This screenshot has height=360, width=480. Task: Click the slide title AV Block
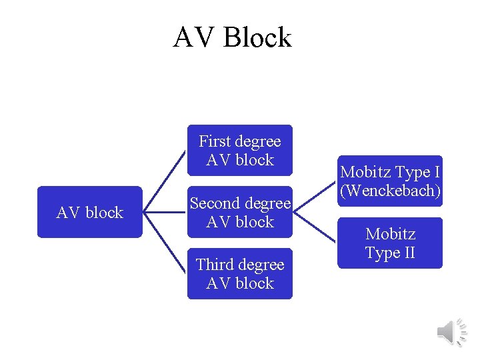pos(232,37)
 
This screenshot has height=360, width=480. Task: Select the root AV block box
pos(90,212)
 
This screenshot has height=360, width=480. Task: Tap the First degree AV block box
pos(240,151)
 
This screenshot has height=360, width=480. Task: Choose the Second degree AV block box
pos(240,212)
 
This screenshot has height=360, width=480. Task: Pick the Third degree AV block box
pos(240,274)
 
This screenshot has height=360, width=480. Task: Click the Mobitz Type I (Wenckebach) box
pos(390,181)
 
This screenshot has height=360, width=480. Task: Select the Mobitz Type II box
pos(390,243)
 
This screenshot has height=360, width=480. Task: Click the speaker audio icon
pos(451,331)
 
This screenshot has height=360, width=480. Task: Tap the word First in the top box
pos(214,141)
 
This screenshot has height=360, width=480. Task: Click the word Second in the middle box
pos(215,203)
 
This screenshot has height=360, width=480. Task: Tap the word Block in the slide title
pos(257,37)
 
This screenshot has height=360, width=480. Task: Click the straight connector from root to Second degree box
pos(165,212)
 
